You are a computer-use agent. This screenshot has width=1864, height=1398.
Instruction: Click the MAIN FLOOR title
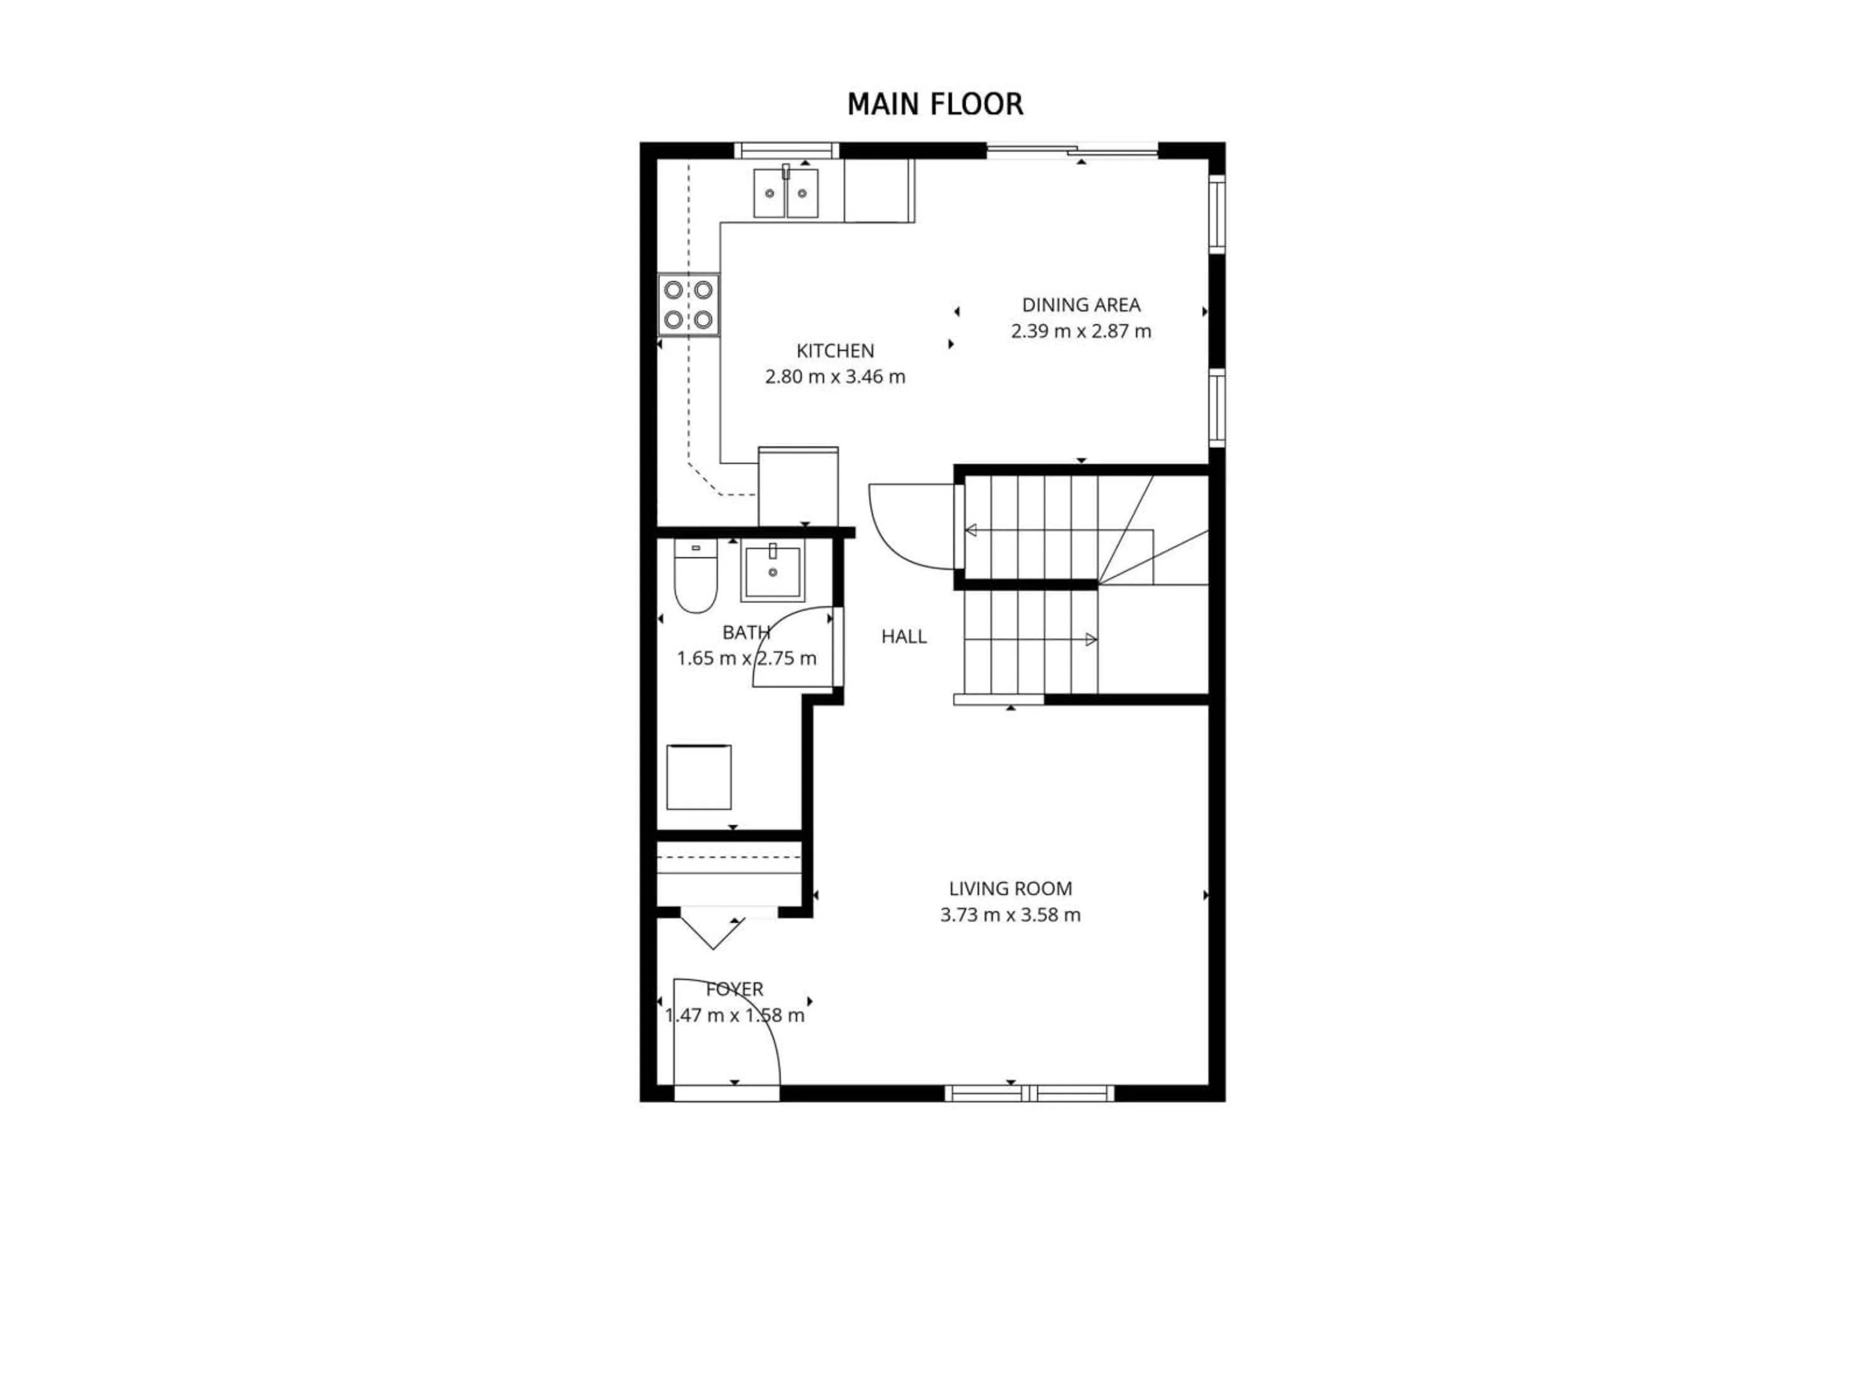click(934, 104)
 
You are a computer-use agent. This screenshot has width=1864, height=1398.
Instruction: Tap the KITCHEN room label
click(835, 350)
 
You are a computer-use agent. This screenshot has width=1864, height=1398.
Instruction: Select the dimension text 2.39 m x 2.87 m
click(1081, 331)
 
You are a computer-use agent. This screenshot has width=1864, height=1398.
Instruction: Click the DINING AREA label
click(1081, 305)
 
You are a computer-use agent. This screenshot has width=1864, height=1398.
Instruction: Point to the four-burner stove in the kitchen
click(688, 305)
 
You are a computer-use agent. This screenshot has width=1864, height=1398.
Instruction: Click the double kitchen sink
click(785, 193)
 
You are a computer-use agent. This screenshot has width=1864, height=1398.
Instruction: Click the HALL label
click(903, 637)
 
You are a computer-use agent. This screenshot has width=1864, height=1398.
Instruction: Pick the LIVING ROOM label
click(1010, 888)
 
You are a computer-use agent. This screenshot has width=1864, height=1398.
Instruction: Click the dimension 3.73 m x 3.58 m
click(1010, 915)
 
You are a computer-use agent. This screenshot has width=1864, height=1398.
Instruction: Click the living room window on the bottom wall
click(1029, 1094)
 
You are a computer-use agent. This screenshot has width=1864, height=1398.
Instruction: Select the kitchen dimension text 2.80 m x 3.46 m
click(835, 377)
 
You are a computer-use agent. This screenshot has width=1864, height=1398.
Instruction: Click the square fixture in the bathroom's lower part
click(699, 777)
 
